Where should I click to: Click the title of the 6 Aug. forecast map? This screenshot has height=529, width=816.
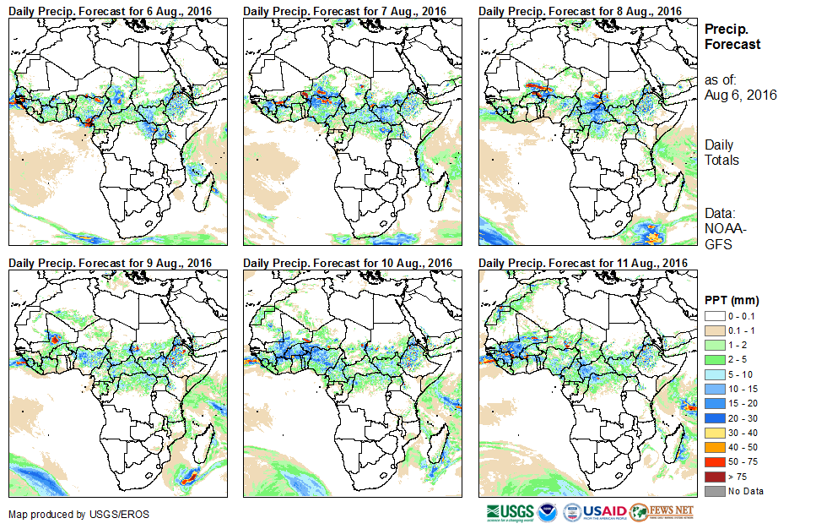coord(110,10)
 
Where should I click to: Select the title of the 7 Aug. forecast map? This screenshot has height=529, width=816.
coord(344,10)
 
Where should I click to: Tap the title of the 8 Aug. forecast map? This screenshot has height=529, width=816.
coord(580,10)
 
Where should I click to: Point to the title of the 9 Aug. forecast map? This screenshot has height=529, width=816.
coord(110,263)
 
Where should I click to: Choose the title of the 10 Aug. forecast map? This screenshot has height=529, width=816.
coord(348,263)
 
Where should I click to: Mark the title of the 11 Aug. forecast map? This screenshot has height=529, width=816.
coord(583,263)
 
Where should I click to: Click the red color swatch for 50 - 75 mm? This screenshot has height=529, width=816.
coord(715,463)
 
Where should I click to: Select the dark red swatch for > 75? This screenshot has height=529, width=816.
coord(715,477)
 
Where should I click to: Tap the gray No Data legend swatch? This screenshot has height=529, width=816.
coord(715,491)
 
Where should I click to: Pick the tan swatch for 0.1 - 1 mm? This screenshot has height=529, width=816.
coord(715,330)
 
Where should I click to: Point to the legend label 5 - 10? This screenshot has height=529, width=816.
coord(742,374)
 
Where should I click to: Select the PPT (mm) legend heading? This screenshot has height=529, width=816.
coord(732,300)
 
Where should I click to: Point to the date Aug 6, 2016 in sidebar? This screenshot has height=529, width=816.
coord(740,95)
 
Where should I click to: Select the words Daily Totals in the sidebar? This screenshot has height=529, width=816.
coord(722,153)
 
